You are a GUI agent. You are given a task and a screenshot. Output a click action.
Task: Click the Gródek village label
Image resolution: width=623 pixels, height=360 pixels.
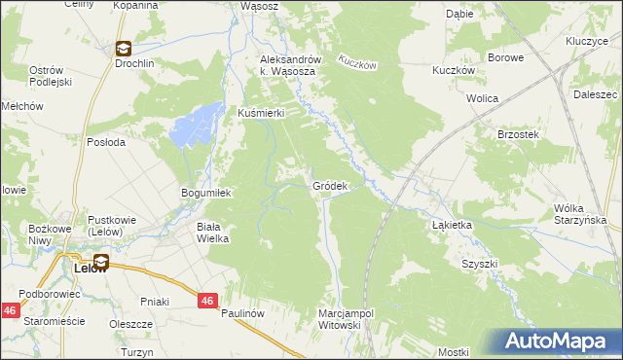pyautogui.click(x=329, y=186)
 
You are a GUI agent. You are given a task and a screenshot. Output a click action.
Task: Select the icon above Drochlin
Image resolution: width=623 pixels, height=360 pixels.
pyautogui.click(x=124, y=47)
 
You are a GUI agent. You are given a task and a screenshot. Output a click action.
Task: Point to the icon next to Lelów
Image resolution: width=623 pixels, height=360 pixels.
pyautogui.click(x=101, y=261)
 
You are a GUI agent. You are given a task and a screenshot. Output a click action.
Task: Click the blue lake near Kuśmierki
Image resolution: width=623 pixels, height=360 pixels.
pyautogui.click(x=194, y=126)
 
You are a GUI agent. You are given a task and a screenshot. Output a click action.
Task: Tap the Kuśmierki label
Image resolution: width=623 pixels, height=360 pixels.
pyautogui.click(x=261, y=113)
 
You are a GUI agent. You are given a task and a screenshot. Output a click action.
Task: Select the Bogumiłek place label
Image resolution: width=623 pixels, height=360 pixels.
pyautogui.click(x=205, y=193)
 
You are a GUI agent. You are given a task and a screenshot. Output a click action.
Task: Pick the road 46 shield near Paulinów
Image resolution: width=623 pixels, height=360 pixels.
pyautogui.click(x=206, y=302)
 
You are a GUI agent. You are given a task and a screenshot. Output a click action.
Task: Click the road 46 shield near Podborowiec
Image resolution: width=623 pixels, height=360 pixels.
pyautogui.click(x=9, y=309)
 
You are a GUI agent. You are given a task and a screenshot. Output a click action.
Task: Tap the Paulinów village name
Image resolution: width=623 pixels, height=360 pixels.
pyautogui.click(x=242, y=313)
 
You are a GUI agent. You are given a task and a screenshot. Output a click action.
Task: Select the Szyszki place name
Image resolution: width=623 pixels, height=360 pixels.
pyautogui.click(x=480, y=264)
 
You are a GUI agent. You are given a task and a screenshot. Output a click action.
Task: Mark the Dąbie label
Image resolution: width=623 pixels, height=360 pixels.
pyautogui.click(x=458, y=15)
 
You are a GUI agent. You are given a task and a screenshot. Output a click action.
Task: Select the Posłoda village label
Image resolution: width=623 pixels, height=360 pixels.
pyautogui.click(x=106, y=141)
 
